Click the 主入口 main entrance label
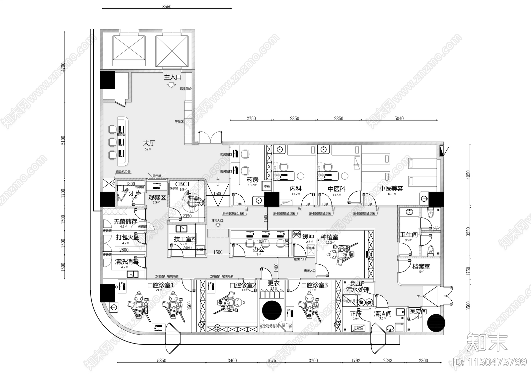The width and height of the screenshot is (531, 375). (x=173, y=77)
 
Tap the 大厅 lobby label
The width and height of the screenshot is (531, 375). (x=149, y=143)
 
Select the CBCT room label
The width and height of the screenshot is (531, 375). (x=183, y=184)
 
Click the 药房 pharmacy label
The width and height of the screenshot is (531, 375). (x=252, y=180)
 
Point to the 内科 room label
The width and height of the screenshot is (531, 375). (x=295, y=189)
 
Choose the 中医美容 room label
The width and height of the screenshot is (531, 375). (x=391, y=189)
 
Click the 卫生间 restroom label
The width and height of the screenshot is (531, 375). (x=409, y=235)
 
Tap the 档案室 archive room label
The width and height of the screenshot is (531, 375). (x=421, y=266)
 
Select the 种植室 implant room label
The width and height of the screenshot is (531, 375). (x=329, y=237)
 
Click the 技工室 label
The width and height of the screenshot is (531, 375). (x=183, y=239)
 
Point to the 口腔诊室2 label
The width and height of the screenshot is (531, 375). (x=243, y=285)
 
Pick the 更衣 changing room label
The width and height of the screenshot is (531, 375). (x=273, y=283)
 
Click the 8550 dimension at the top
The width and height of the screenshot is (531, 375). (x=167, y=7)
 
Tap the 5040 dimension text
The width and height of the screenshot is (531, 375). (x=399, y=118)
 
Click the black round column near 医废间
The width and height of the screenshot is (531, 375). (x=436, y=323)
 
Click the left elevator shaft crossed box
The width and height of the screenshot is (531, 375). (x=129, y=51)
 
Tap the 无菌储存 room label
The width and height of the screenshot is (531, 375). (x=125, y=221)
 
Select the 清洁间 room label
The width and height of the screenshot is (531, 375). (x=383, y=314)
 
